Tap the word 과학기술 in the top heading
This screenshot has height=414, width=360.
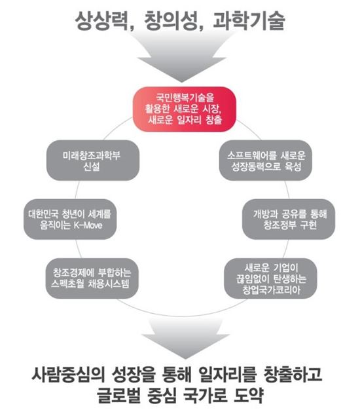(249, 20)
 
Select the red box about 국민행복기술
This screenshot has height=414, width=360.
(185, 109)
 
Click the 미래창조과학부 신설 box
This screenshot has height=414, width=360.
(93, 160)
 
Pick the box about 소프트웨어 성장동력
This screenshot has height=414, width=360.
(266, 160)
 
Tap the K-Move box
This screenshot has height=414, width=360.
(70, 219)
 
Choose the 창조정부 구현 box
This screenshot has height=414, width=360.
(289, 219)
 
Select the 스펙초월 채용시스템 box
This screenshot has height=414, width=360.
(92, 278)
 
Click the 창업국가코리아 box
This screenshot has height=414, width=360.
(270, 278)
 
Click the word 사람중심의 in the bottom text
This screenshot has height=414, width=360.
(68, 375)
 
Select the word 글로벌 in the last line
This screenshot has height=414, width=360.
(118, 394)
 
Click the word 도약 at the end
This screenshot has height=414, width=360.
(249, 394)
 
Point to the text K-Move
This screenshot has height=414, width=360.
(88, 225)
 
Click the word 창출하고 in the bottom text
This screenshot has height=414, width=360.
(293, 375)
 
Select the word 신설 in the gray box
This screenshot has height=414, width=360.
(92, 166)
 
